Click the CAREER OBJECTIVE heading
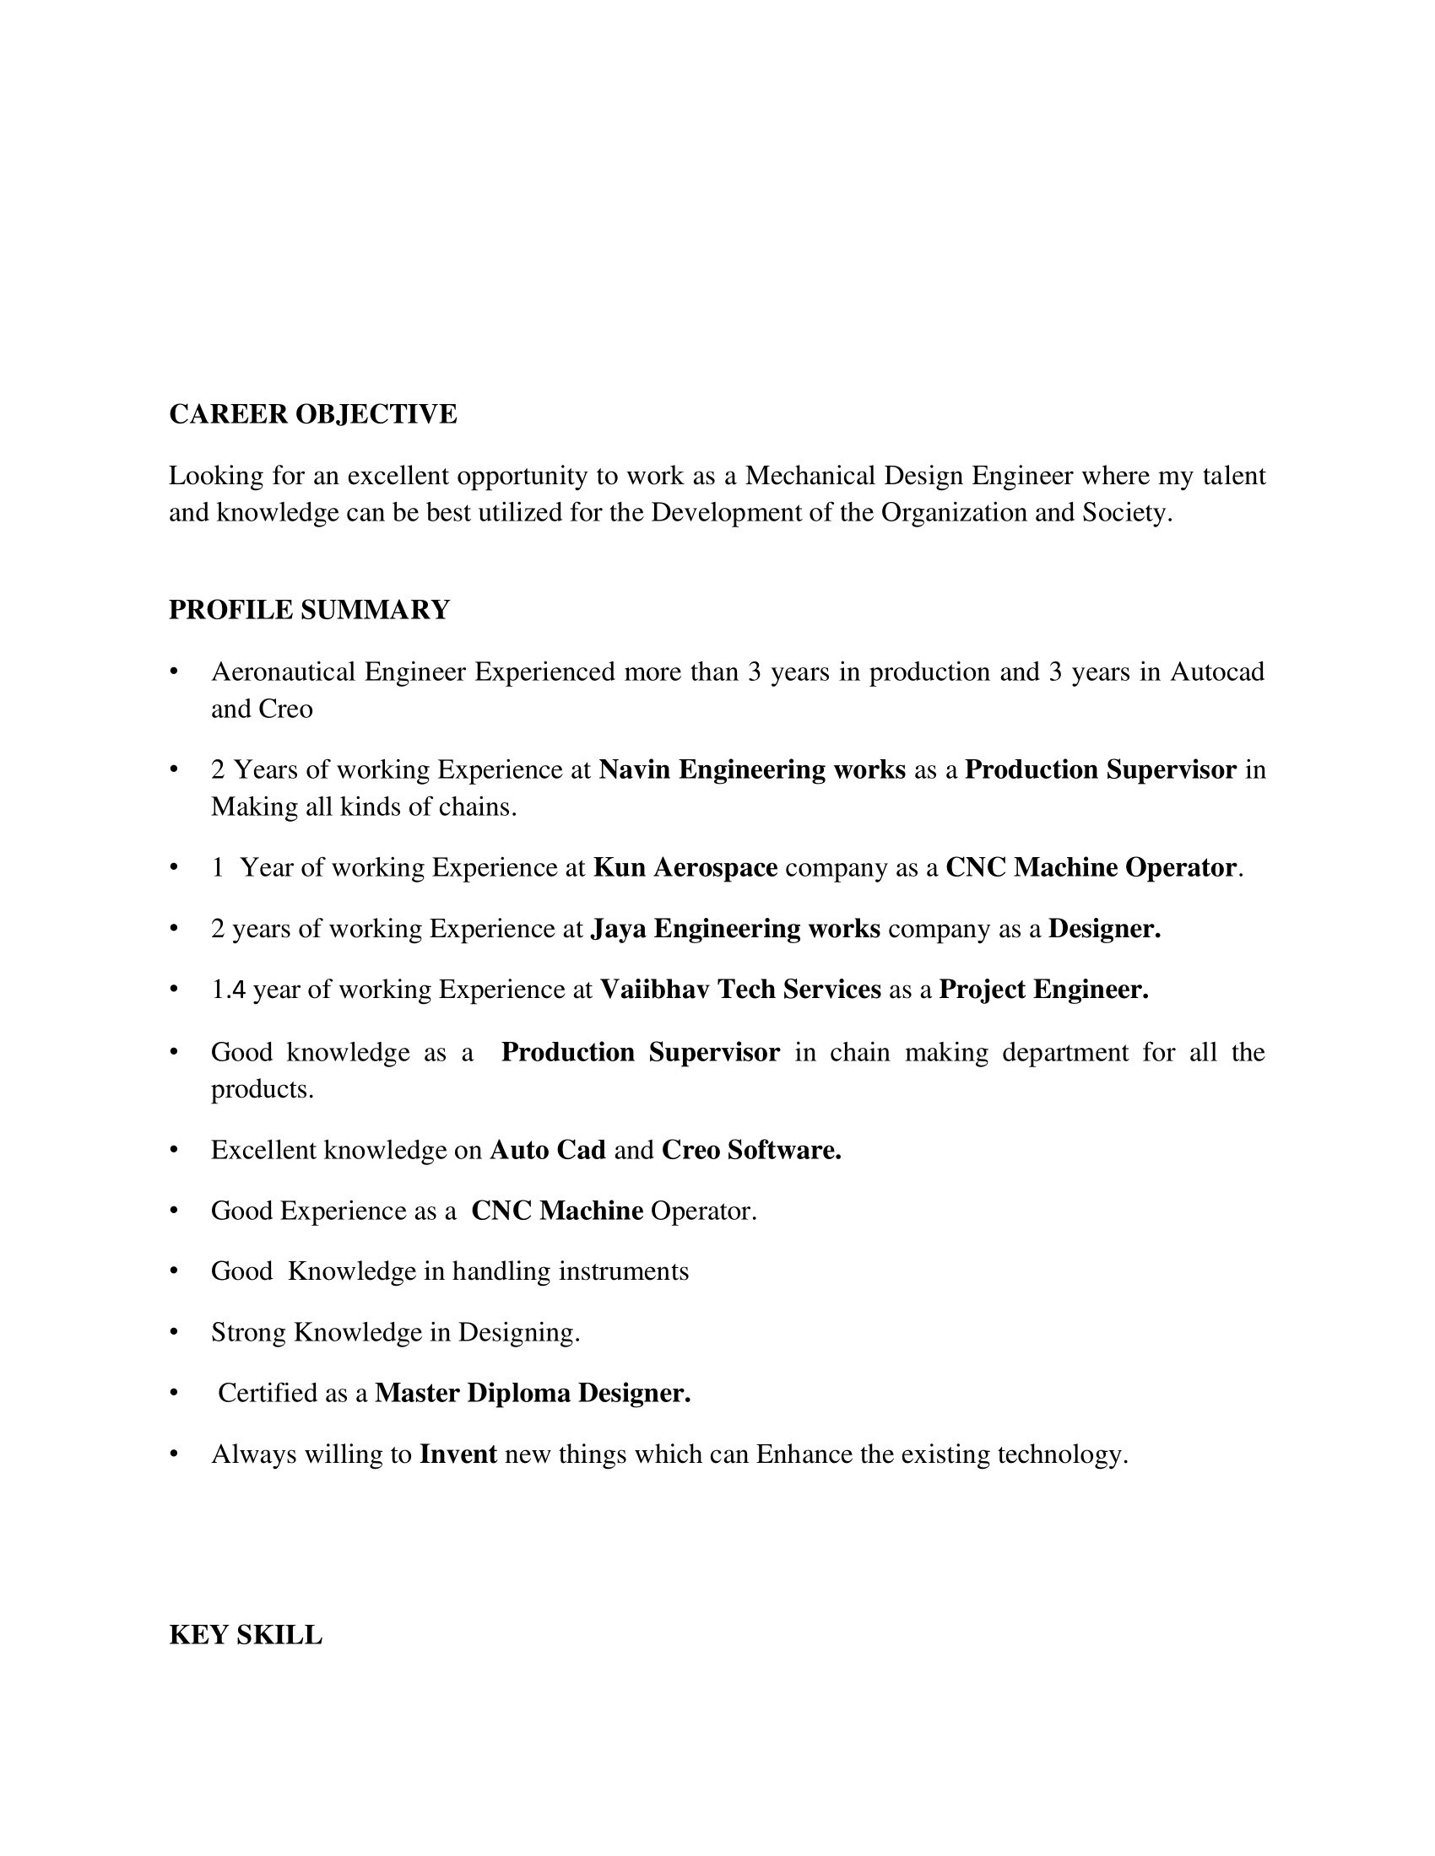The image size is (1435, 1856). (313, 415)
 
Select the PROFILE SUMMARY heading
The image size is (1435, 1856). (310, 610)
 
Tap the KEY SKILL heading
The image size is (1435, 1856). (246, 1635)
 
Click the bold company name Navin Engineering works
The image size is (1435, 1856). (751, 770)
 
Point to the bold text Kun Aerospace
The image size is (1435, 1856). (685, 867)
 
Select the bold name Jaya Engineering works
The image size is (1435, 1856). (735, 929)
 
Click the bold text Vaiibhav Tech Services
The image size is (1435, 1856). (740, 990)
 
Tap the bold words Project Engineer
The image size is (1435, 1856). (1043, 990)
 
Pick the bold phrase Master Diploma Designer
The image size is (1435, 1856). (532, 1393)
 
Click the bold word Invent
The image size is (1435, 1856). (458, 1454)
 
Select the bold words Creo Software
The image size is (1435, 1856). (751, 1150)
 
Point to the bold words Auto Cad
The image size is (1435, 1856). (548, 1150)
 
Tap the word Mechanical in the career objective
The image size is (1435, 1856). (810, 476)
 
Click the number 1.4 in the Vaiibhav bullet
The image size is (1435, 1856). (228, 990)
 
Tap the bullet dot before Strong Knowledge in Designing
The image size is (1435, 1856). (174, 1331)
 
